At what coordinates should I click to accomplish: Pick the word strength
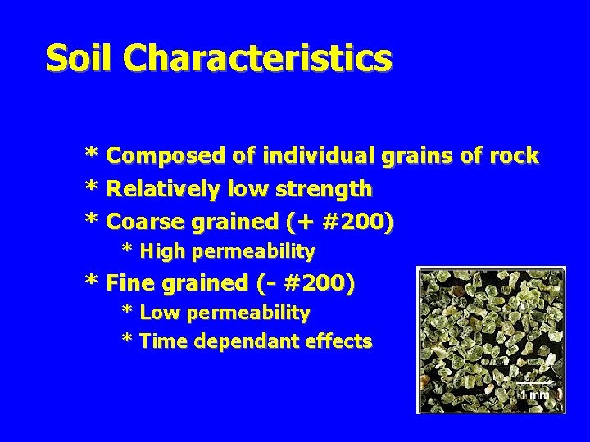[x=325, y=190]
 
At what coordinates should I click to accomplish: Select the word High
[x=164, y=250]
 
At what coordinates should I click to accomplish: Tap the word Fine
[x=129, y=284]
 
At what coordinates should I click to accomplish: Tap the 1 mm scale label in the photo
[x=535, y=394]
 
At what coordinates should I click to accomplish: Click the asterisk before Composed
[x=93, y=156]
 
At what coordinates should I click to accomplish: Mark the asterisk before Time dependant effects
[x=128, y=341]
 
